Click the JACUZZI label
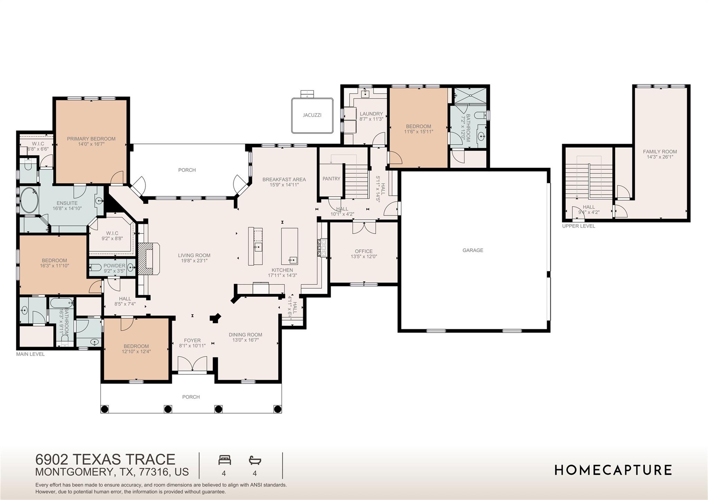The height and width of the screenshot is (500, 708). (x=312, y=115)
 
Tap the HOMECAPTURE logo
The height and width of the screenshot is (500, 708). (x=613, y=470)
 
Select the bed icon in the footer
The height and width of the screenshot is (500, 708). (x=224, y=460)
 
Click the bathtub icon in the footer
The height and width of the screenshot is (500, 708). (x=255, y=460)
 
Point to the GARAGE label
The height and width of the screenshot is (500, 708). (x=473, y=250)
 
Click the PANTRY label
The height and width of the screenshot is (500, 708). (x=331, y=179)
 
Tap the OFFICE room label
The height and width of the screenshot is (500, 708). (x=364, y=251)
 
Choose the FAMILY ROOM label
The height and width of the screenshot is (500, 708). (x=660, y=151)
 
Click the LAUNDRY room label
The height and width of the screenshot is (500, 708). (x=371, y=114)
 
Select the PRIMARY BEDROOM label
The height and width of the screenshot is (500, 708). (x=91, y=139)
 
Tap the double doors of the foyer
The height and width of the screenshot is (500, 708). (x=192, y=364)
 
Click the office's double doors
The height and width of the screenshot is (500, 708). (x=364, y=227)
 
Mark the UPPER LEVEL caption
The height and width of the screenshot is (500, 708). (x=578, y=226)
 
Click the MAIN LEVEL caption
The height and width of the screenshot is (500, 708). (x=30, y=354)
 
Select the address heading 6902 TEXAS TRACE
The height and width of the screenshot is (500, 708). (x=105, y=459)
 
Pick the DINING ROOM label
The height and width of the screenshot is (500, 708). (x=245, y=334)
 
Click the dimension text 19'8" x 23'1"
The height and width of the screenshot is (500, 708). (x=194, y=261)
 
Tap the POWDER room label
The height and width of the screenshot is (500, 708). (x=114, y=266)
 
